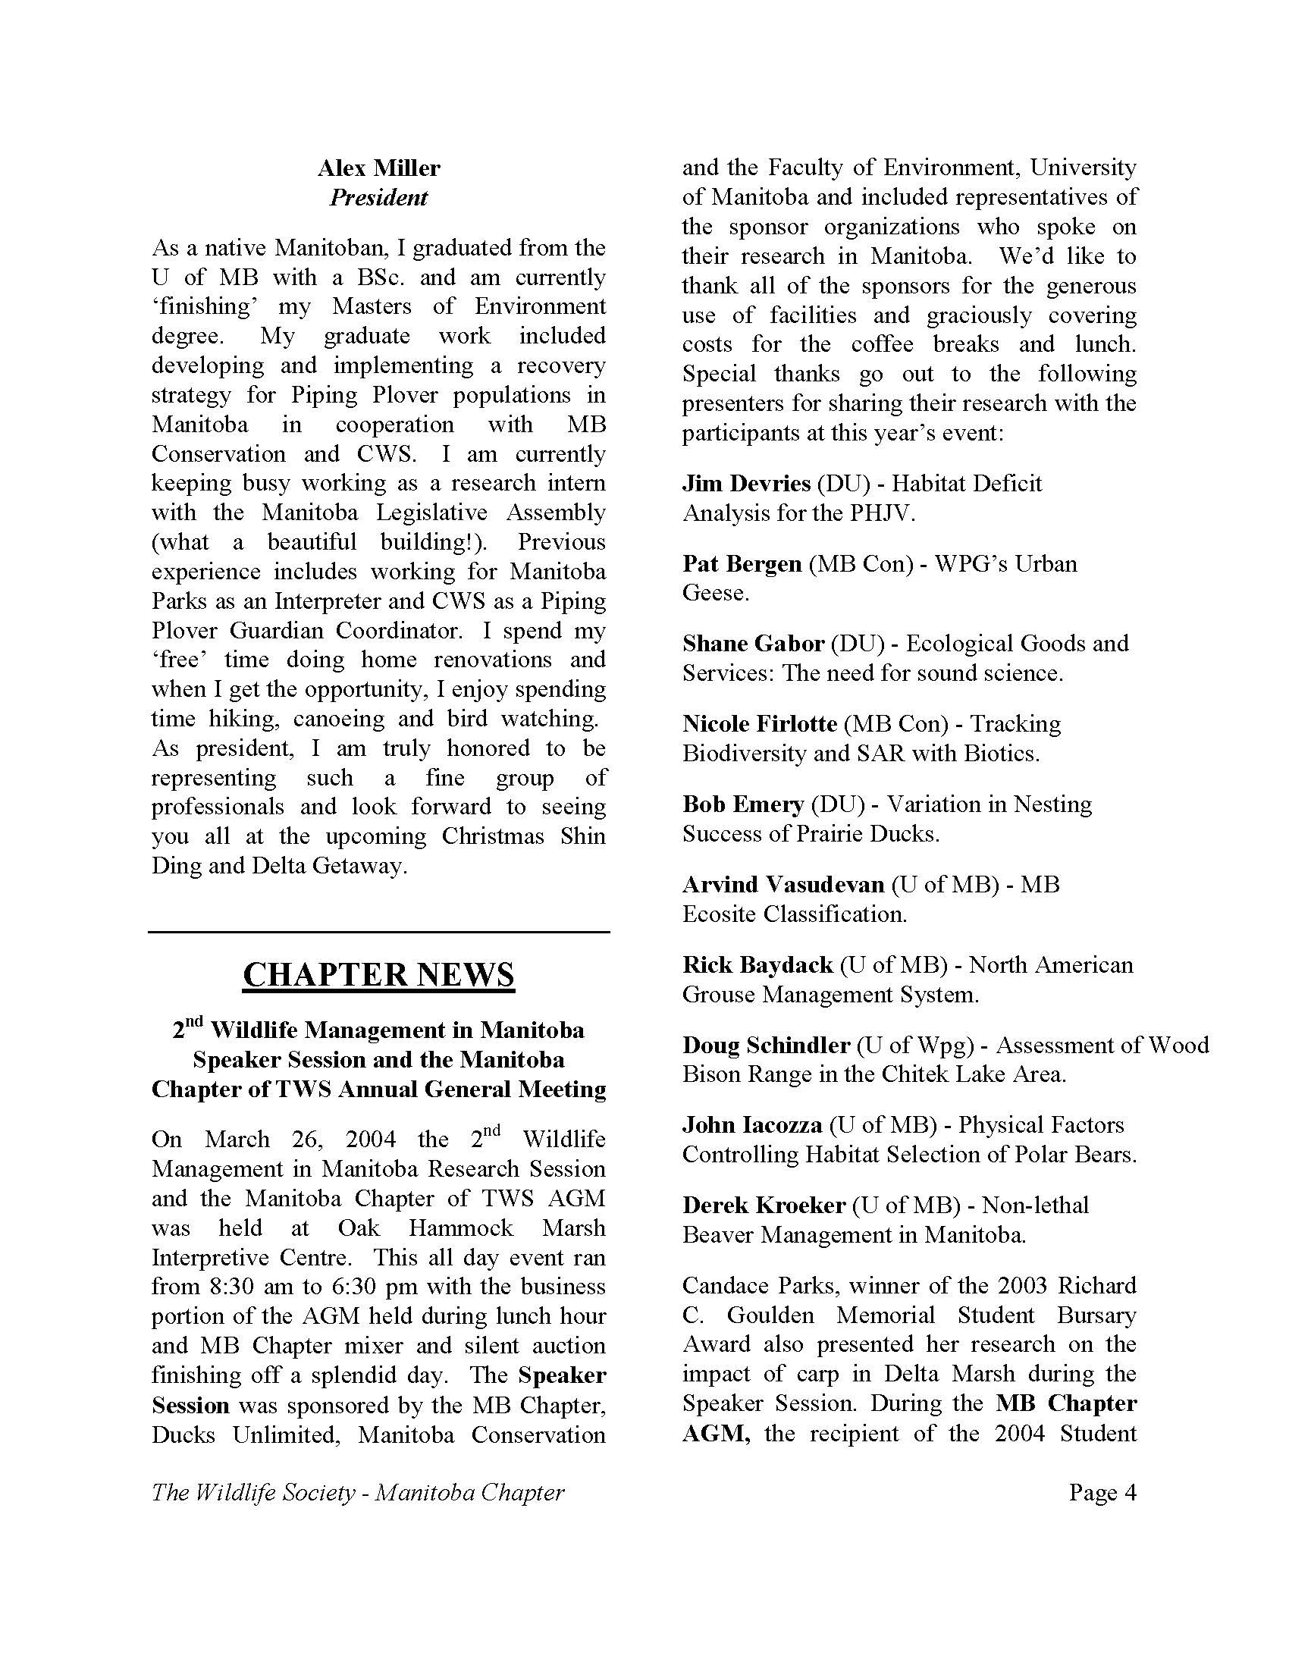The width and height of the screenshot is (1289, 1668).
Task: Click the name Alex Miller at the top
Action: pyautogui.click(x=379, y=168)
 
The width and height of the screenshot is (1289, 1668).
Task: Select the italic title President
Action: pyautogui.click(x=379, y=198)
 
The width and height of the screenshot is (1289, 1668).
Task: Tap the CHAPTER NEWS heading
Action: pyautogui.click(x=379, y=975)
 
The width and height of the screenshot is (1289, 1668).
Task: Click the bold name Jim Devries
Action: pyautogui.click(x=746, y=484)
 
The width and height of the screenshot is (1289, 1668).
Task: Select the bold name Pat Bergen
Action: pyautogui.click(x=742, y=563)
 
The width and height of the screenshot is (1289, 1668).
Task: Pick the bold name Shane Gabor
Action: pyautogui.click(x=753, y=644)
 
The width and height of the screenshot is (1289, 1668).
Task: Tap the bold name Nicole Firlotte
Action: pyautogui.click(x=760, y=724)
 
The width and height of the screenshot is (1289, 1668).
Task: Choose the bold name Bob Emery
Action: pyautogui.click(x=743, y=804)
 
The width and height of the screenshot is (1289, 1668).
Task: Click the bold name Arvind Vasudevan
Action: pyautogui.click(x=783, y=884)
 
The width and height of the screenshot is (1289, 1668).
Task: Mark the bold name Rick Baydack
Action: pyautogui.click(x=757, y=964)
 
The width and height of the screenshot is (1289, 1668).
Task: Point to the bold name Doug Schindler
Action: pyautogui.click(x=766, y=1045)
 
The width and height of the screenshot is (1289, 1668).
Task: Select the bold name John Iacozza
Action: pyautogui.click(x=752, y=1125)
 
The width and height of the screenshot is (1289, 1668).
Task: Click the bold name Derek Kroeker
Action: pyautogui.click(x=764, y=1206)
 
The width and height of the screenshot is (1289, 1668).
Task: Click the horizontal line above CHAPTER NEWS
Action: pyautogui.click(x=379, y=932)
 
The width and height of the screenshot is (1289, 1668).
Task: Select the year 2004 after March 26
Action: pyautogui.click(x=370, y=1140)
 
